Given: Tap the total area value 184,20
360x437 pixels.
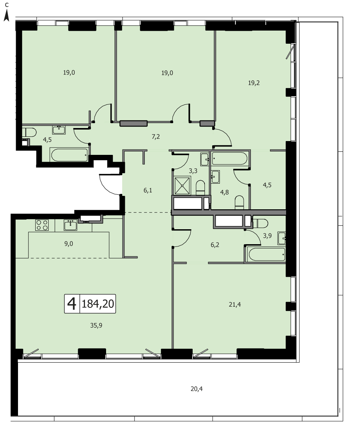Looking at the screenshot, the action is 98,304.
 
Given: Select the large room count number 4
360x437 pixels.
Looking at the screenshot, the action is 72,304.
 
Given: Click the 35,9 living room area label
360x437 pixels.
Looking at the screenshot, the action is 97,325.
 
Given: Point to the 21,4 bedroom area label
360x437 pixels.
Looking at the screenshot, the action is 235,305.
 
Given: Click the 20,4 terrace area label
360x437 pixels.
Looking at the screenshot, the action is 196,388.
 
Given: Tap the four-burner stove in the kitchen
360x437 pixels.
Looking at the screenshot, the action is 42,225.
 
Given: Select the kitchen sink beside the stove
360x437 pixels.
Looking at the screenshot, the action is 70,225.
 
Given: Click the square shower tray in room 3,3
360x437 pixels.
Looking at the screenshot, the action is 182,185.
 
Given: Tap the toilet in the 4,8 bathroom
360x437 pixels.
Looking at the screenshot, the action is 239,202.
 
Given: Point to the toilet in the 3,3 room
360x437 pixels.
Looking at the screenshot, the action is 200,187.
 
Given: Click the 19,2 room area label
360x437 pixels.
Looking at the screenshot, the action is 254,83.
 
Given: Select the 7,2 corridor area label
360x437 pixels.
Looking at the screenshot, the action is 155,136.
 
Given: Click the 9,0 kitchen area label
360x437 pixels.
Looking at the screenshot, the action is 69,243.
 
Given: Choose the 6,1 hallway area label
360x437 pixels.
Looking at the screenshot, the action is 148,191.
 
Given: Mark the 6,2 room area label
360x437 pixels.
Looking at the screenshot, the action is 215,245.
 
